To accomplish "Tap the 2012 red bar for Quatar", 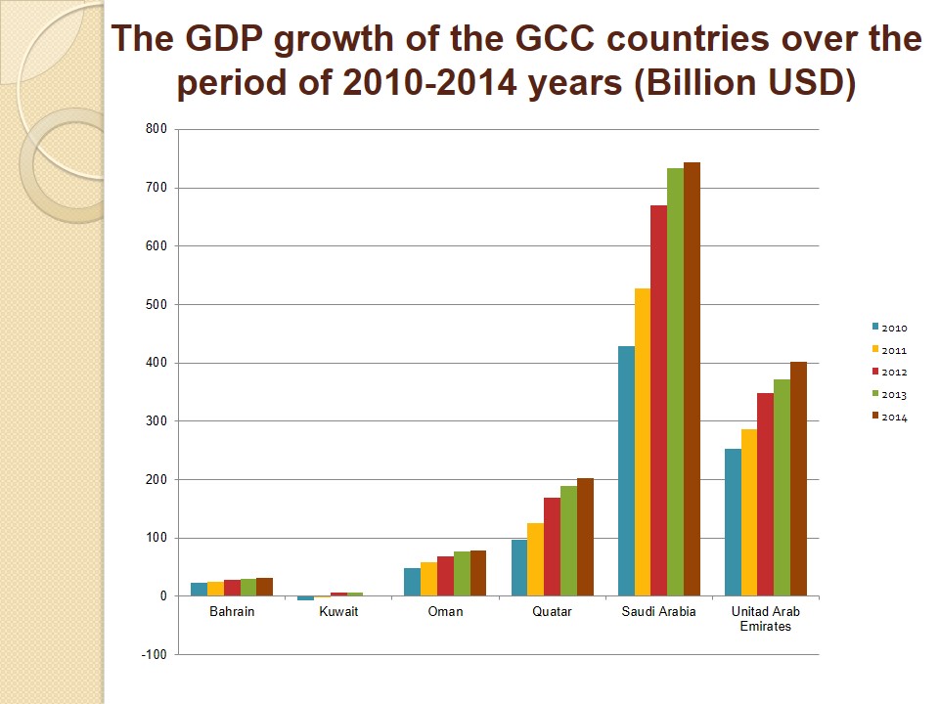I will [x=552, y=547].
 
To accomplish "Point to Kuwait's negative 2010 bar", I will [x=305, y=598].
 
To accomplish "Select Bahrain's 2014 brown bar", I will [x=264, y=587].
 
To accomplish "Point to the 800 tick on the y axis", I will [x=156, y=129].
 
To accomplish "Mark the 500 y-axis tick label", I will [x=156, y=305].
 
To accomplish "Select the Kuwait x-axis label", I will [x=338, y=612].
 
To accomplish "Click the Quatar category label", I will [x=552, y=612].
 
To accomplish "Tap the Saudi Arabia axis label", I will [x=658, y=612].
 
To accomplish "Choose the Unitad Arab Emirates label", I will [x=765, y=619].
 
